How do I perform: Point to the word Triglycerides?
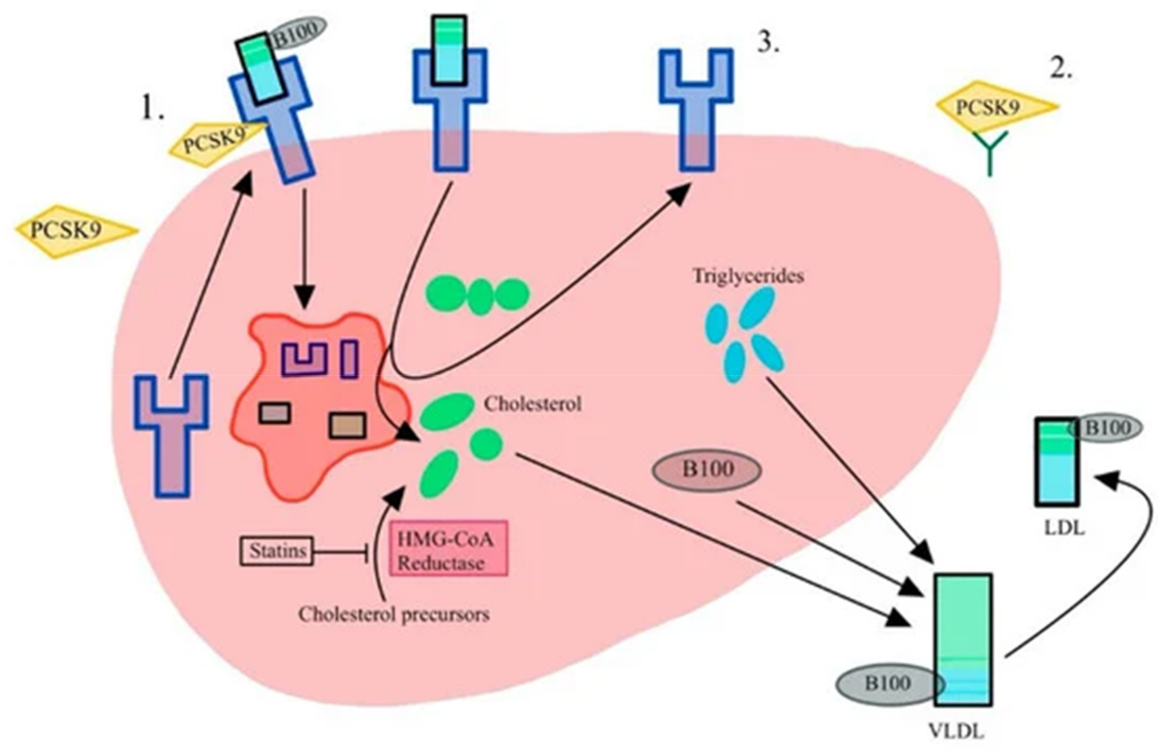pos(747,276)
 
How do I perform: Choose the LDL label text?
pos(1064,528)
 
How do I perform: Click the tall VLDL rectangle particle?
pos(963,637)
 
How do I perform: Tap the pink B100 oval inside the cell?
pos(707,470)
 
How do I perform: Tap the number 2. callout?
pos(1061,70)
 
